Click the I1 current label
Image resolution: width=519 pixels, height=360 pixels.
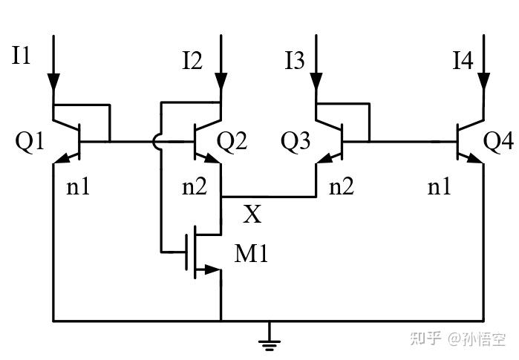point(21,56)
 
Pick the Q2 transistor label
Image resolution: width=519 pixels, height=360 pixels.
point(232,140)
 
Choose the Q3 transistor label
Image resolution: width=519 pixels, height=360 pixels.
point(295,141)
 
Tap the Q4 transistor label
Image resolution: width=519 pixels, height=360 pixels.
point(498,140)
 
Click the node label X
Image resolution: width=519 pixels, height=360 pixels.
point(252,215)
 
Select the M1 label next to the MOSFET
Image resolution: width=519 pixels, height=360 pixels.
point(251,255)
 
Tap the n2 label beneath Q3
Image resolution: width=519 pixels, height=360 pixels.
point(342,186)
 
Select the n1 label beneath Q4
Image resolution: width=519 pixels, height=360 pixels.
point(440,186)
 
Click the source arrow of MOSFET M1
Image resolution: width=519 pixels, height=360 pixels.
point(212,270)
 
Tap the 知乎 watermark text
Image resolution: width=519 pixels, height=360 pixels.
point(426,338)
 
